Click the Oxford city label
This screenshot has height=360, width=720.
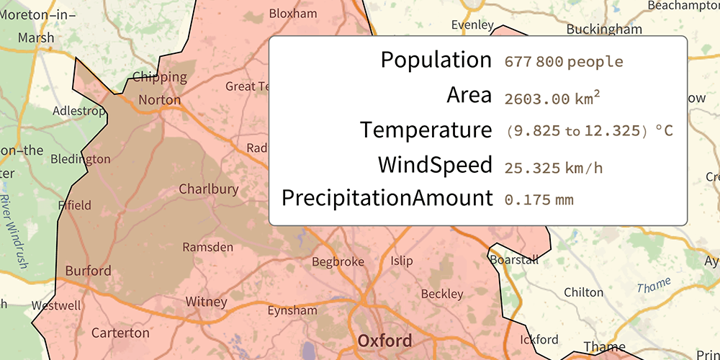pyautogui.click(x=385, y=341)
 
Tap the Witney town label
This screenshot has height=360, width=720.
pyautogui.click(x=206, y=302)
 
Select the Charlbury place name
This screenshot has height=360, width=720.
pyautogui.click(x=208, y=189)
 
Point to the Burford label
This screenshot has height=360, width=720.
pyautogui.click(x=88, y=271)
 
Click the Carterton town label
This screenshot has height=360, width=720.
pyautogui.click(x=120, y=333)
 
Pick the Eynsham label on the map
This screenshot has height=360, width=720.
pyautogui.click(x=292, y=311)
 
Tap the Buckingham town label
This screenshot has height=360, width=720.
pyautogui.click(x=603, y=30)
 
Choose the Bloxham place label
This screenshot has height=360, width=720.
pyautogui.click(x=292, y=14)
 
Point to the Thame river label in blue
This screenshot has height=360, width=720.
pyautogui.click(x=654, y=284)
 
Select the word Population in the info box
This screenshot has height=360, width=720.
pyautogui.click(x=436, y=60)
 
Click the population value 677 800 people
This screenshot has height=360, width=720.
pyautogui.click(x=563, y=62)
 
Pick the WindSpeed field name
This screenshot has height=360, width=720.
pyautogui.click(x=435, y=165)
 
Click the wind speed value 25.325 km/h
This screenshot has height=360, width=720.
pyautogui.click(x=553, y=168)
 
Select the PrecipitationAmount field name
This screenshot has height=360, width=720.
pyautogui.click(x=387, y=198)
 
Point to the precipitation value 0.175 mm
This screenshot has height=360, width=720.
pyautogui.click(x=539, y=199)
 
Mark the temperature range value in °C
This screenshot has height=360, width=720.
pyautogui.click(x=589, y=132)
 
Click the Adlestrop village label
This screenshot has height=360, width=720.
pyautogui.click(x=80, y=112)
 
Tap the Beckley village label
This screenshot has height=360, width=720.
pyautogui.click(x=441, y=294)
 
